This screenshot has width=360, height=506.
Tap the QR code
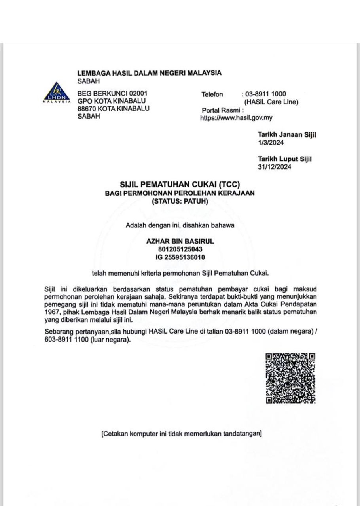[x=290, y=378]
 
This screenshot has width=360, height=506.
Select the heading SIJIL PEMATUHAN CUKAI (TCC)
[x=180, y=184]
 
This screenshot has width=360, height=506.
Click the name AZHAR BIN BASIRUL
[x=180, y=241]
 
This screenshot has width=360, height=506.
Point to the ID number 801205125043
[x=180, y=249]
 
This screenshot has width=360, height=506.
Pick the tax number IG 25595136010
[x=180, y=257]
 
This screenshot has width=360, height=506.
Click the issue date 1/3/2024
[x=271, y=143]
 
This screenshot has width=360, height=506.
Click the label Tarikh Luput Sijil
[x=284, y=159]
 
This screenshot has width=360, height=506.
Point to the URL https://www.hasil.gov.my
[x=236, y=118]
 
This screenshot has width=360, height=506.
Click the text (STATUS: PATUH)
[x=180, y=201]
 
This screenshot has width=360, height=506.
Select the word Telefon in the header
[x=212, y=94]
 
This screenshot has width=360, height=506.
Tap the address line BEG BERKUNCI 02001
[x=113, y=94]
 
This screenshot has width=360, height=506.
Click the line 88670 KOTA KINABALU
[x=114, y=109]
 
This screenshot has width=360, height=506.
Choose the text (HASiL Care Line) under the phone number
[x=271, y=102]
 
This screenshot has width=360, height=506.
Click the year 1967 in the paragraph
[x=51, y=312]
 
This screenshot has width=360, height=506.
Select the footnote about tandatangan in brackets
[x=182, y=434]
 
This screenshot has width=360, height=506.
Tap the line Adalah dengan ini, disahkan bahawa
[x=180, y=226]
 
